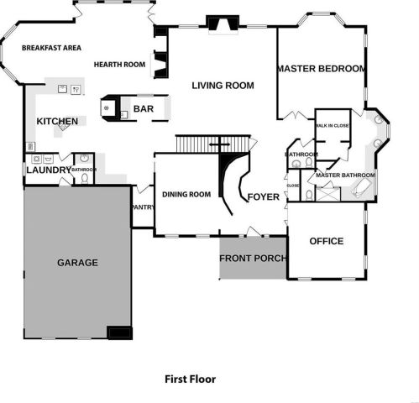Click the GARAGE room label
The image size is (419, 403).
(x=77, y=263)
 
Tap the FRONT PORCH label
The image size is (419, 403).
(x=252, y=258)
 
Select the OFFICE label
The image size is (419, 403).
(x=327, y=242)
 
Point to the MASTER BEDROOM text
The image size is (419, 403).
(x=321, y=69)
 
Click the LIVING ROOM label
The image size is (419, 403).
(x=223, y=85)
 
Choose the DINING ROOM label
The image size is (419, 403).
(x=186, y=195)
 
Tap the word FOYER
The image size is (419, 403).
(x=263, y=197)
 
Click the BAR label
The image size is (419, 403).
(x=144, y=109)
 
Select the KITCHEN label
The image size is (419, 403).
(x=57, y=122)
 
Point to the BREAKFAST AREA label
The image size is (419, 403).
(x=51, y=48)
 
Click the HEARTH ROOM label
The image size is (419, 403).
(x=120, y=65)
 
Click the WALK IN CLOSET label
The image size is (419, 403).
(x=333, y=125)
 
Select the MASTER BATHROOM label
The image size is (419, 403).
(x=345, y=175)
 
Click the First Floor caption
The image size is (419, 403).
(x=190, y=379)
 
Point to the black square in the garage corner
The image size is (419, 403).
(x=120, y=332)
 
